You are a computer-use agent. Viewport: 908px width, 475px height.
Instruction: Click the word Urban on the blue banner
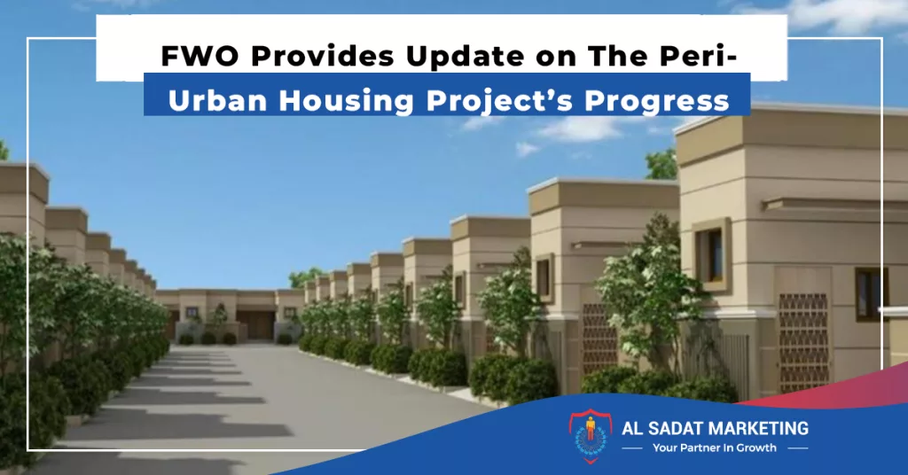point(218,100)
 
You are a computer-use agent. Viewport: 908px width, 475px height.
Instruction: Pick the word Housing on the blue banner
point(347,102)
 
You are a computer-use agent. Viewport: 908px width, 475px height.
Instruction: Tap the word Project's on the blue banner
point(499,102)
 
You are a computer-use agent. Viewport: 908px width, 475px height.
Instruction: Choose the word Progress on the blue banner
point(656,102)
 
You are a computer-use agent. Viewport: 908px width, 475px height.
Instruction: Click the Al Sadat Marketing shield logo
point(590,436)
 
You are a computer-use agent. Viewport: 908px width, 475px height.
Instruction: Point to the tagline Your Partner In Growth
point(714,448)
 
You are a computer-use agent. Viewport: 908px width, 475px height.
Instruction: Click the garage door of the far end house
point(254,324)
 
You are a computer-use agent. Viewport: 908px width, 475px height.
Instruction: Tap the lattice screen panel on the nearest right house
point(803,342)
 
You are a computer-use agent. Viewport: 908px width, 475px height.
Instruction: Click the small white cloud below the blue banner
point(527,149)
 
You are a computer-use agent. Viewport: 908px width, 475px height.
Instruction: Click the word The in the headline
point(613,56)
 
